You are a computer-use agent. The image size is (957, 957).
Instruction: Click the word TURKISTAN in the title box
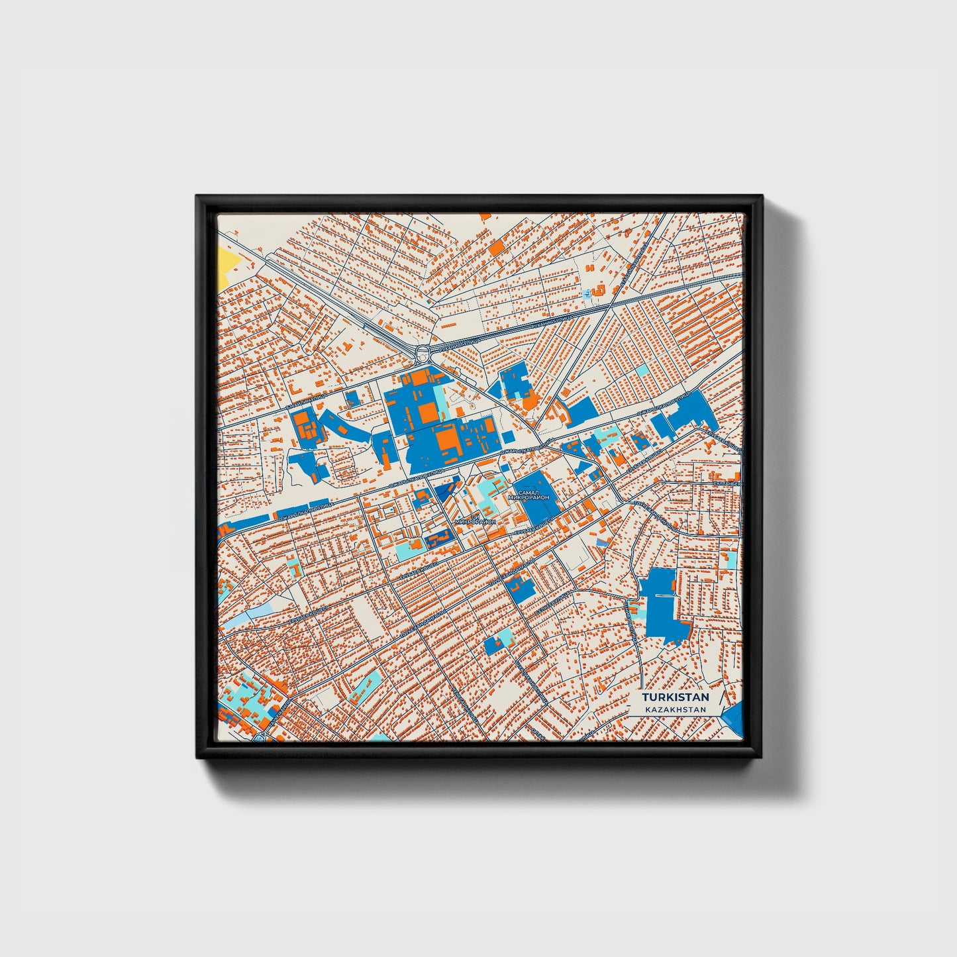pyautogui.click(x=675, y=697)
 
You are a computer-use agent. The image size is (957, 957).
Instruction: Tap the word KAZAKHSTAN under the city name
pyautogui.click(x=675, y=709)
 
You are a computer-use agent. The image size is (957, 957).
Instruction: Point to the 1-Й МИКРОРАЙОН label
pyautogui.click(x=476, y=521)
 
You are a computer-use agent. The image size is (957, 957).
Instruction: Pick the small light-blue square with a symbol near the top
pyautogui.click(x=587, y=292)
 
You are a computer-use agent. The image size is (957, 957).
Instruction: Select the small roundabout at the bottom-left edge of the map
pyautogui.click(x=259, y=736)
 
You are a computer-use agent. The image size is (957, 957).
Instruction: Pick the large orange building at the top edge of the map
pyautogui.click(x=496, y=247)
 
